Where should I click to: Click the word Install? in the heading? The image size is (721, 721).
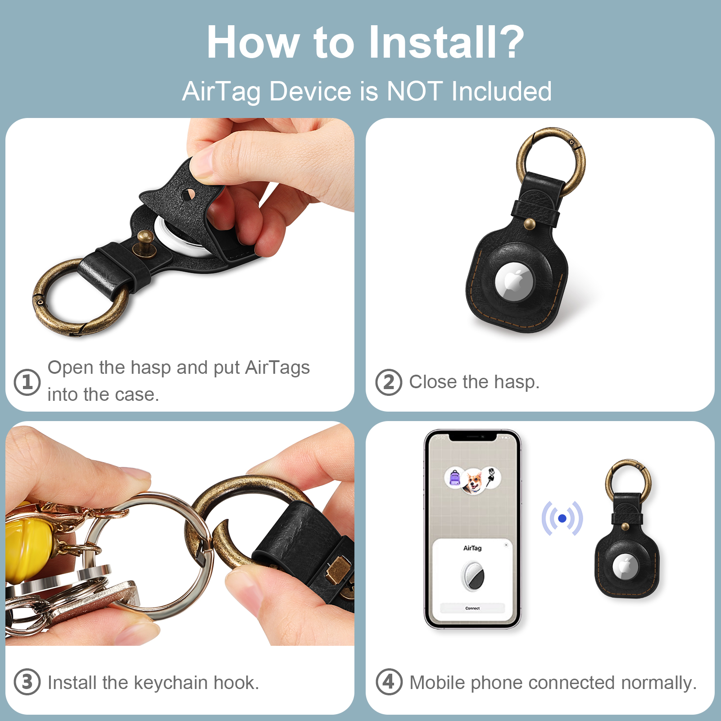tap(446, 42)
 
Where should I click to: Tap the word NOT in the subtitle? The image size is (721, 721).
tap(414, 91)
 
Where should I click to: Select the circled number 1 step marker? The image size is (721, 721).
tap(27, 382)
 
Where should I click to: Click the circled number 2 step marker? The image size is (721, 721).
tap(389, 382)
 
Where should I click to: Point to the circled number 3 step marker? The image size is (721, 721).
tap(27, 682)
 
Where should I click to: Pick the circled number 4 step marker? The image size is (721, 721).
tap(389, 682)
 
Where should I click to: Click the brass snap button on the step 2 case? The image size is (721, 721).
tap(530, 224)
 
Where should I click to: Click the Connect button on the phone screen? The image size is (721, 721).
tap(472, 608)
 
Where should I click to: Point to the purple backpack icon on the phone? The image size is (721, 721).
tap(455, 477)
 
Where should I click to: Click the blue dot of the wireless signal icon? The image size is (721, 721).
tap(562, 519)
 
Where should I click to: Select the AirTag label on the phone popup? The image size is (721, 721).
tap(472, 548)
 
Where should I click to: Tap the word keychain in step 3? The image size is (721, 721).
tap(171, 683)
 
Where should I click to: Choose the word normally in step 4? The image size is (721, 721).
tap(659, 683)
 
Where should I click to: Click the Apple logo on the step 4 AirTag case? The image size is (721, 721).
tap(624, 566)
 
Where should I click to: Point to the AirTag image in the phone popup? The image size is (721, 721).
tap(472, 576)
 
